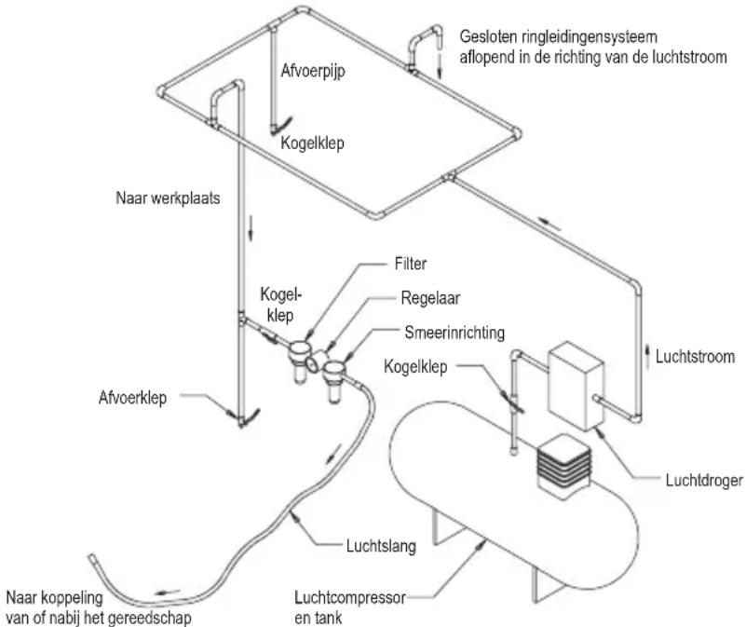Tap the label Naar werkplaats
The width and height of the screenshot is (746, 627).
click(168, 198)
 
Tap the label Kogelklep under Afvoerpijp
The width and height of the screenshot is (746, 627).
click(310, 144)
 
